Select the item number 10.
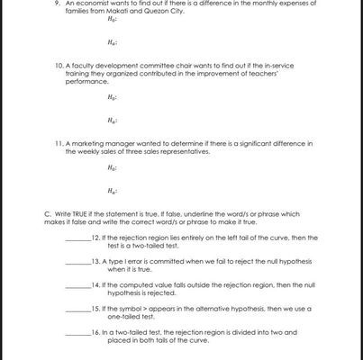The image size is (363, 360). tap(59, 65)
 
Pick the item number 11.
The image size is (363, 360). tap(59, 143)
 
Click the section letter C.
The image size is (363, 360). tap(47, 213)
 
